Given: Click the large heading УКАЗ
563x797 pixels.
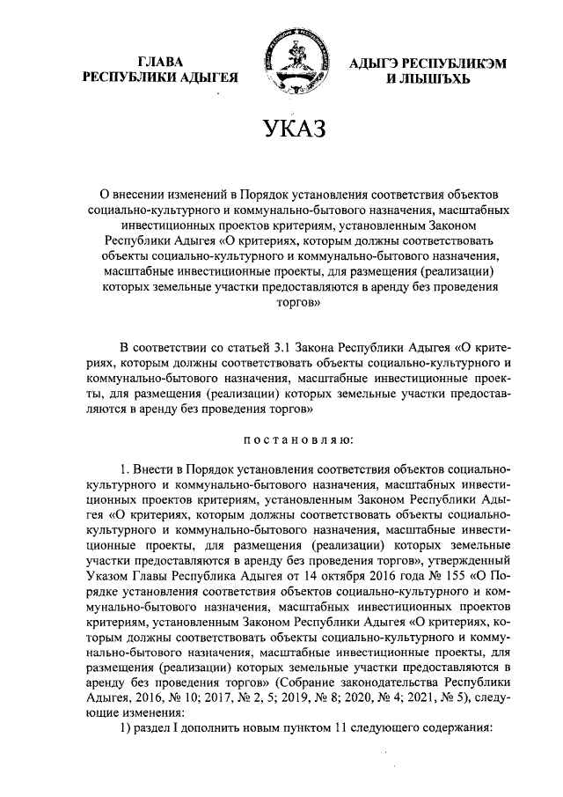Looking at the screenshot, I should pyautogui.click(x=281, y=128).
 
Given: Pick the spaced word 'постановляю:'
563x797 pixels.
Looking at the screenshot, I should pyautogui.click(x=281, y=437).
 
